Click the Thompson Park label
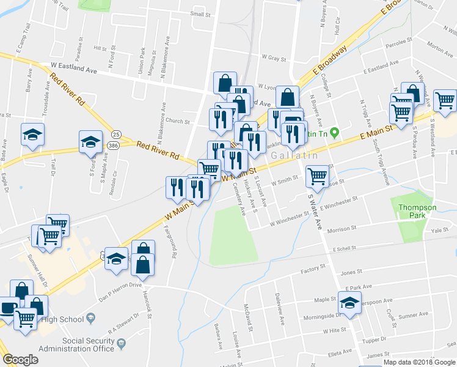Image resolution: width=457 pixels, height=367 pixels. (417, 212)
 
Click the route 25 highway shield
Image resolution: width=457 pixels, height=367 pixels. (116, 133)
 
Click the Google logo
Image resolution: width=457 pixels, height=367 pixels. (21, 360)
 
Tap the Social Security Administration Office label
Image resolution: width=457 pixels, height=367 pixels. (76, 344)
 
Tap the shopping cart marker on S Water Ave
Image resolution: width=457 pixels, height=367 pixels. (317, 176)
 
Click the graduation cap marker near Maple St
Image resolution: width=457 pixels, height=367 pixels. (349, 303)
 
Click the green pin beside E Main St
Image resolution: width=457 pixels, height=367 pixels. (334, 132)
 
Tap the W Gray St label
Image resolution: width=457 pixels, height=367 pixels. (274, 57)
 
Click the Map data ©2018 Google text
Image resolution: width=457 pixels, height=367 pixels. (419, 361)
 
